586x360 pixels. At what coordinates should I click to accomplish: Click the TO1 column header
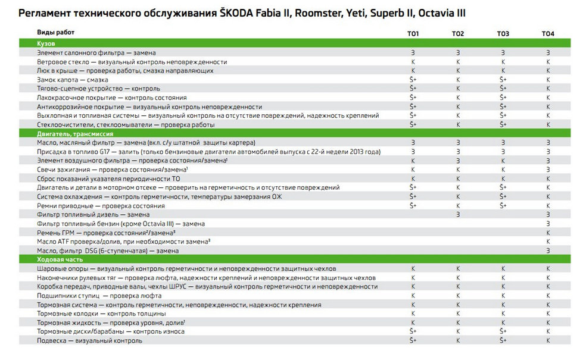413,33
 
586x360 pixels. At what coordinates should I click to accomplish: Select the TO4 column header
547,33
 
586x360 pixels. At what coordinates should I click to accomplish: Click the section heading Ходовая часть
59,259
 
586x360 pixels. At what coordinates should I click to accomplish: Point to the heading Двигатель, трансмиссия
71,134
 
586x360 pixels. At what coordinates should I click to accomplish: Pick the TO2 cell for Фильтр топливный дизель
458,214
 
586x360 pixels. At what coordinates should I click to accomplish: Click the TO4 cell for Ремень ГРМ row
547,233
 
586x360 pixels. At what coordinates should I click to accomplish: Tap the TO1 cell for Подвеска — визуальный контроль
413,340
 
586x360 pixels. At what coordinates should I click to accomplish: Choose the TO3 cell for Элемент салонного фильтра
503,52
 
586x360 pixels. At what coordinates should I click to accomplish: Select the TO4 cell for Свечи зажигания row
547,170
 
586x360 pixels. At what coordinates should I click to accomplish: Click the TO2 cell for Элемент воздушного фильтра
458,161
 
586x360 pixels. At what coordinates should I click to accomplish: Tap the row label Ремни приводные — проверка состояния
92,205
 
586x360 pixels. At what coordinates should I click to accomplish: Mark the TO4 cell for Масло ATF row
547,242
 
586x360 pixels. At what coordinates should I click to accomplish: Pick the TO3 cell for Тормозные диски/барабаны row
503,331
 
